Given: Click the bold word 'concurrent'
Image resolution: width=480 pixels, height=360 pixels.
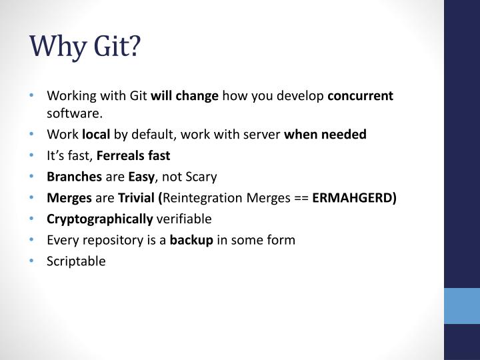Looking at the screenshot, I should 360,95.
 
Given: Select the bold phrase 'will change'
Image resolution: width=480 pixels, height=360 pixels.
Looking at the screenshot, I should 185,95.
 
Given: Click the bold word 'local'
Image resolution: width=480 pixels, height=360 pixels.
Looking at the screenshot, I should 96,135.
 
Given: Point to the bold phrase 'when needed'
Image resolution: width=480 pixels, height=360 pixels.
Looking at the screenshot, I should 325,135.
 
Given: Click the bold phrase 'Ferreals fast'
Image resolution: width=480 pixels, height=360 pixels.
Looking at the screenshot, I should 134,155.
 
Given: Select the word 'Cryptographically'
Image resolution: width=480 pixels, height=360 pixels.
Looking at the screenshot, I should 99,219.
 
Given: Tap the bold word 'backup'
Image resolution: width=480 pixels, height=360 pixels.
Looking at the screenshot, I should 191,240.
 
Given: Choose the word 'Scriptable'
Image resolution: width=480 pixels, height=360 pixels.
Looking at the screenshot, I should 76,261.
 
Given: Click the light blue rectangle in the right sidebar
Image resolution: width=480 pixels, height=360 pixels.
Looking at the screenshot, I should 461,307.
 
